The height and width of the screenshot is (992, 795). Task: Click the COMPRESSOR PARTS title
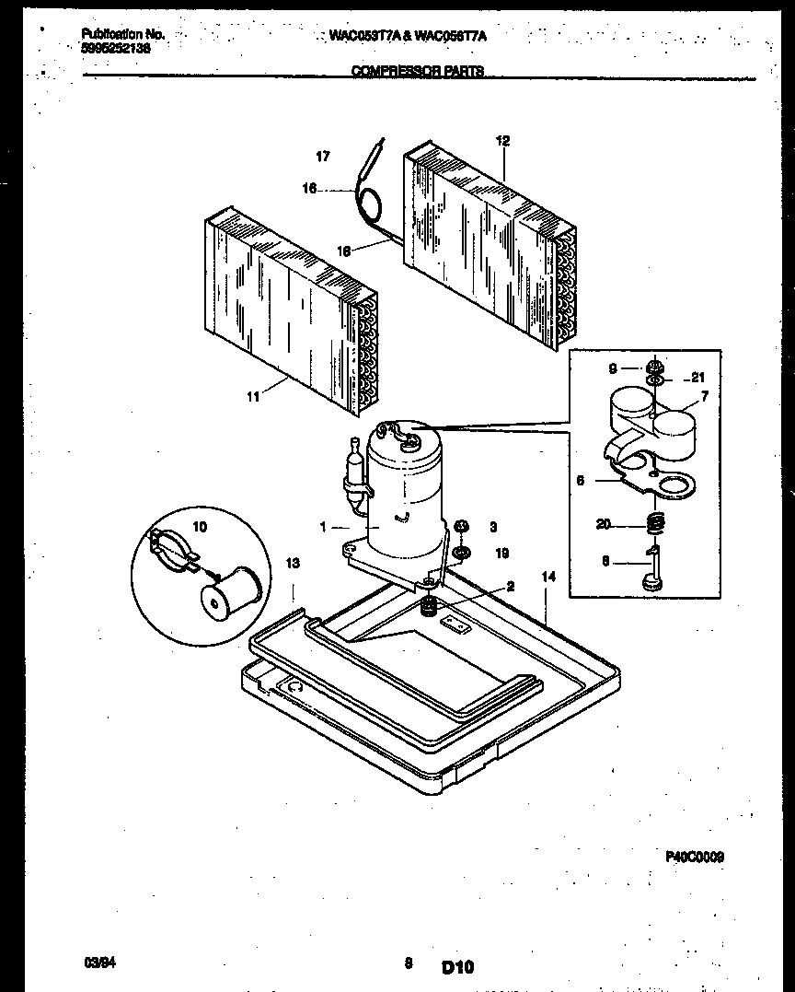[x=418, y=71]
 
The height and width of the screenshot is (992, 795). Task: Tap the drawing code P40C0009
[x=694, y=856]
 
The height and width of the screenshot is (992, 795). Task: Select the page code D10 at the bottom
[x=456, y=967]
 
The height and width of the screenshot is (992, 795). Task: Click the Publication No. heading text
[x=122, y=34]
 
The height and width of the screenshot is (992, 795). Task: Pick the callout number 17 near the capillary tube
[x=322, y=157]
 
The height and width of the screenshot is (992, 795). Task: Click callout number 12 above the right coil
[x=502, y=141]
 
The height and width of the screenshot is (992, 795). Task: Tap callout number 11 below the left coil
[x=253, y=396]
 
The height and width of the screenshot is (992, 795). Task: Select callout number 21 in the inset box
[x=697, y=378]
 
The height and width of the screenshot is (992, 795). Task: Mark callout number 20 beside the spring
[x=604, y=524]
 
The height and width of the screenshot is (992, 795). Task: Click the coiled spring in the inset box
[x=656, y=524]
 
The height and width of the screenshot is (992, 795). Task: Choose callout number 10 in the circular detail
[x=200, y=527]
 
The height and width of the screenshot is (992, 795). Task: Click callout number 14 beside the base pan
[x=549, y=577]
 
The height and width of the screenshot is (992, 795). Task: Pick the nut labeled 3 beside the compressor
[x=462, y=526]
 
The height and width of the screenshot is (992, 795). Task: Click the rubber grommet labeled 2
[x=428, y=606]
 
